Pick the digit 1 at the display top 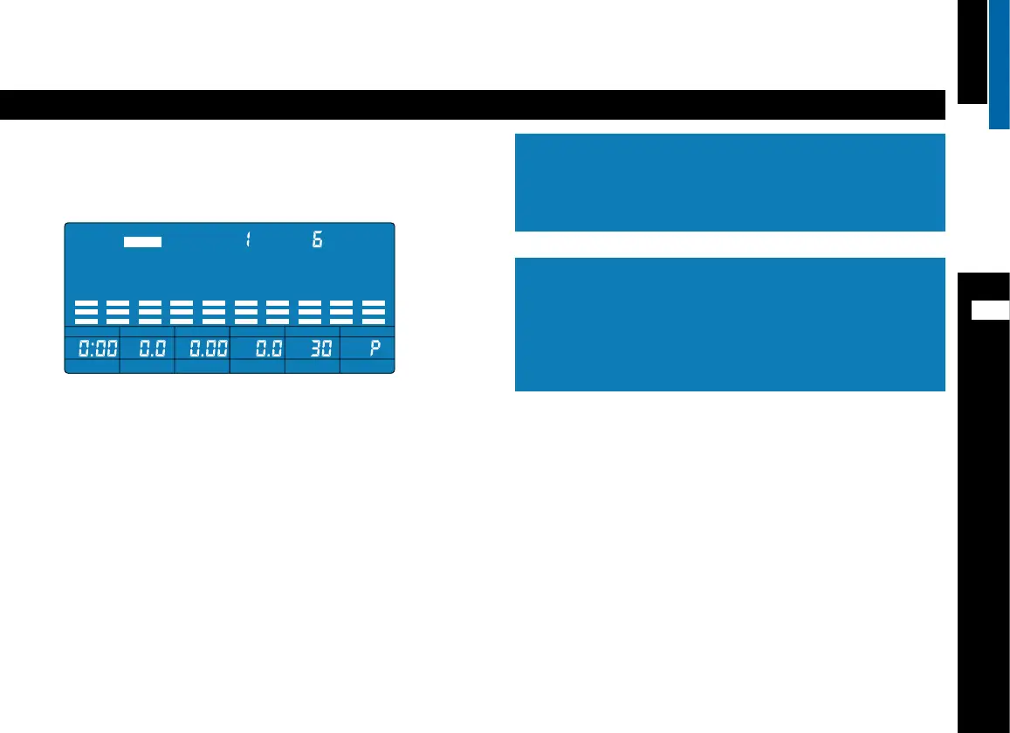tap(248, 240)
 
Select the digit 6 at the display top tap(318, 240)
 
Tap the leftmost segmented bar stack tap(86, 312)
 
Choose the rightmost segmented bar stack tap(374, 312)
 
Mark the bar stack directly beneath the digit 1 tap(246, 312)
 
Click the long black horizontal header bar tap(472, 105)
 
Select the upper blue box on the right tap(730, 182)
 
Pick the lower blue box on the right tap(730, 323)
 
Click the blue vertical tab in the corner tap(1000, 63)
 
